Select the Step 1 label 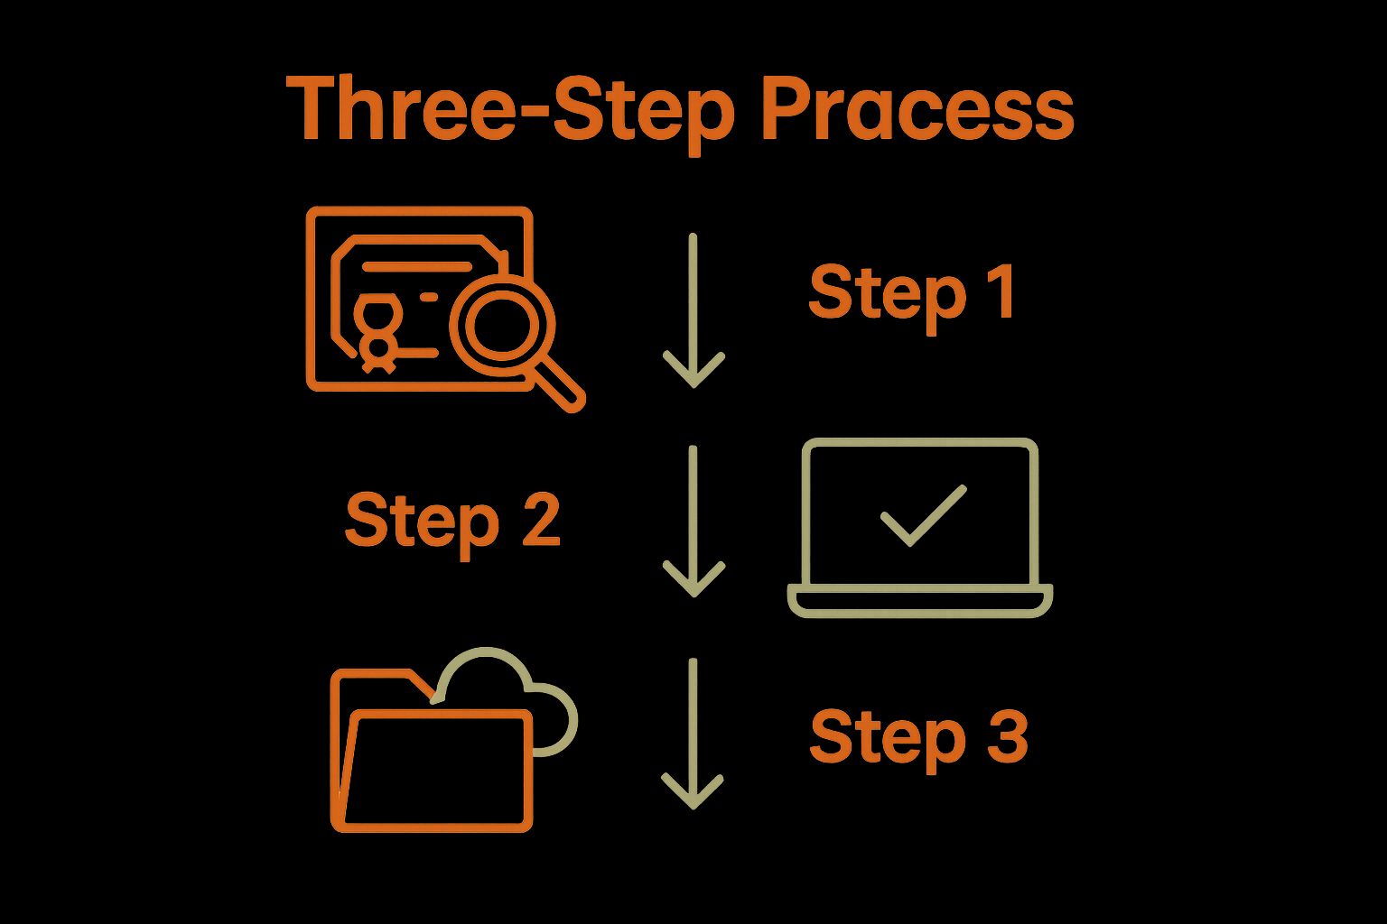point(912,293)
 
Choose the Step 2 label point(452,521)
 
